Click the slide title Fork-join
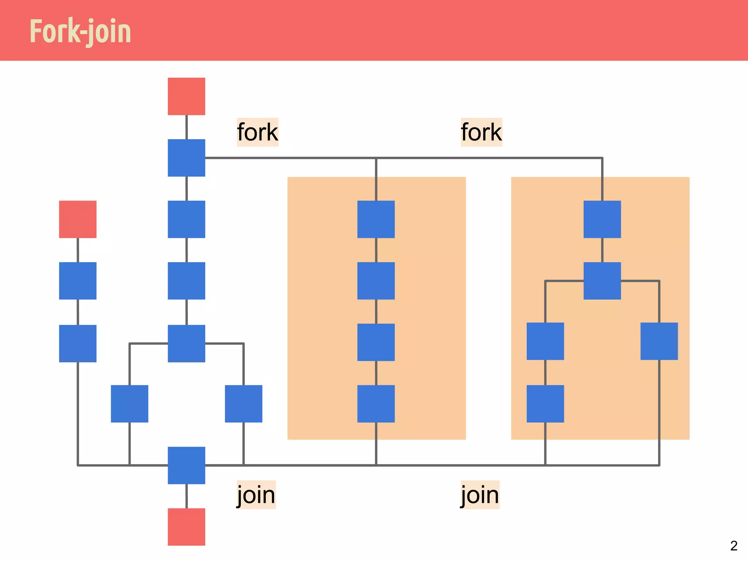click(x=80, y=31)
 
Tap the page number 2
click(x=734, y=546)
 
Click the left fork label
click(x=257, y=132)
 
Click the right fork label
click(x=481, y=132)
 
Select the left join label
click(x=256, y=495)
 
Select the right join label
click(x=480, y=495)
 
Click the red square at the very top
click(x=186, y=96)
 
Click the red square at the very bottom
click(x=186, y=527)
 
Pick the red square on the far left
click(x=78, y=219)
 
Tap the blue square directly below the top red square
click(x=186, y=158)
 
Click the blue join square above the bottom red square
click(x=186, y=465)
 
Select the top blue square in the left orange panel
click(x=376, y=219)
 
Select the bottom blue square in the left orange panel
click(x=376, y=404)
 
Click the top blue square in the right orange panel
click(x=602, y=219)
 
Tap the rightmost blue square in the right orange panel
click(x=659, y=341)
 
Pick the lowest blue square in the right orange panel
click(x=545, y=404)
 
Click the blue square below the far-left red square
click(x=78, y=280)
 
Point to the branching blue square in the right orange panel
click(x=602, y=280)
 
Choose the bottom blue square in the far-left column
click(x=78, y=343)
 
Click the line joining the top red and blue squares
click(x=187, y=127)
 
